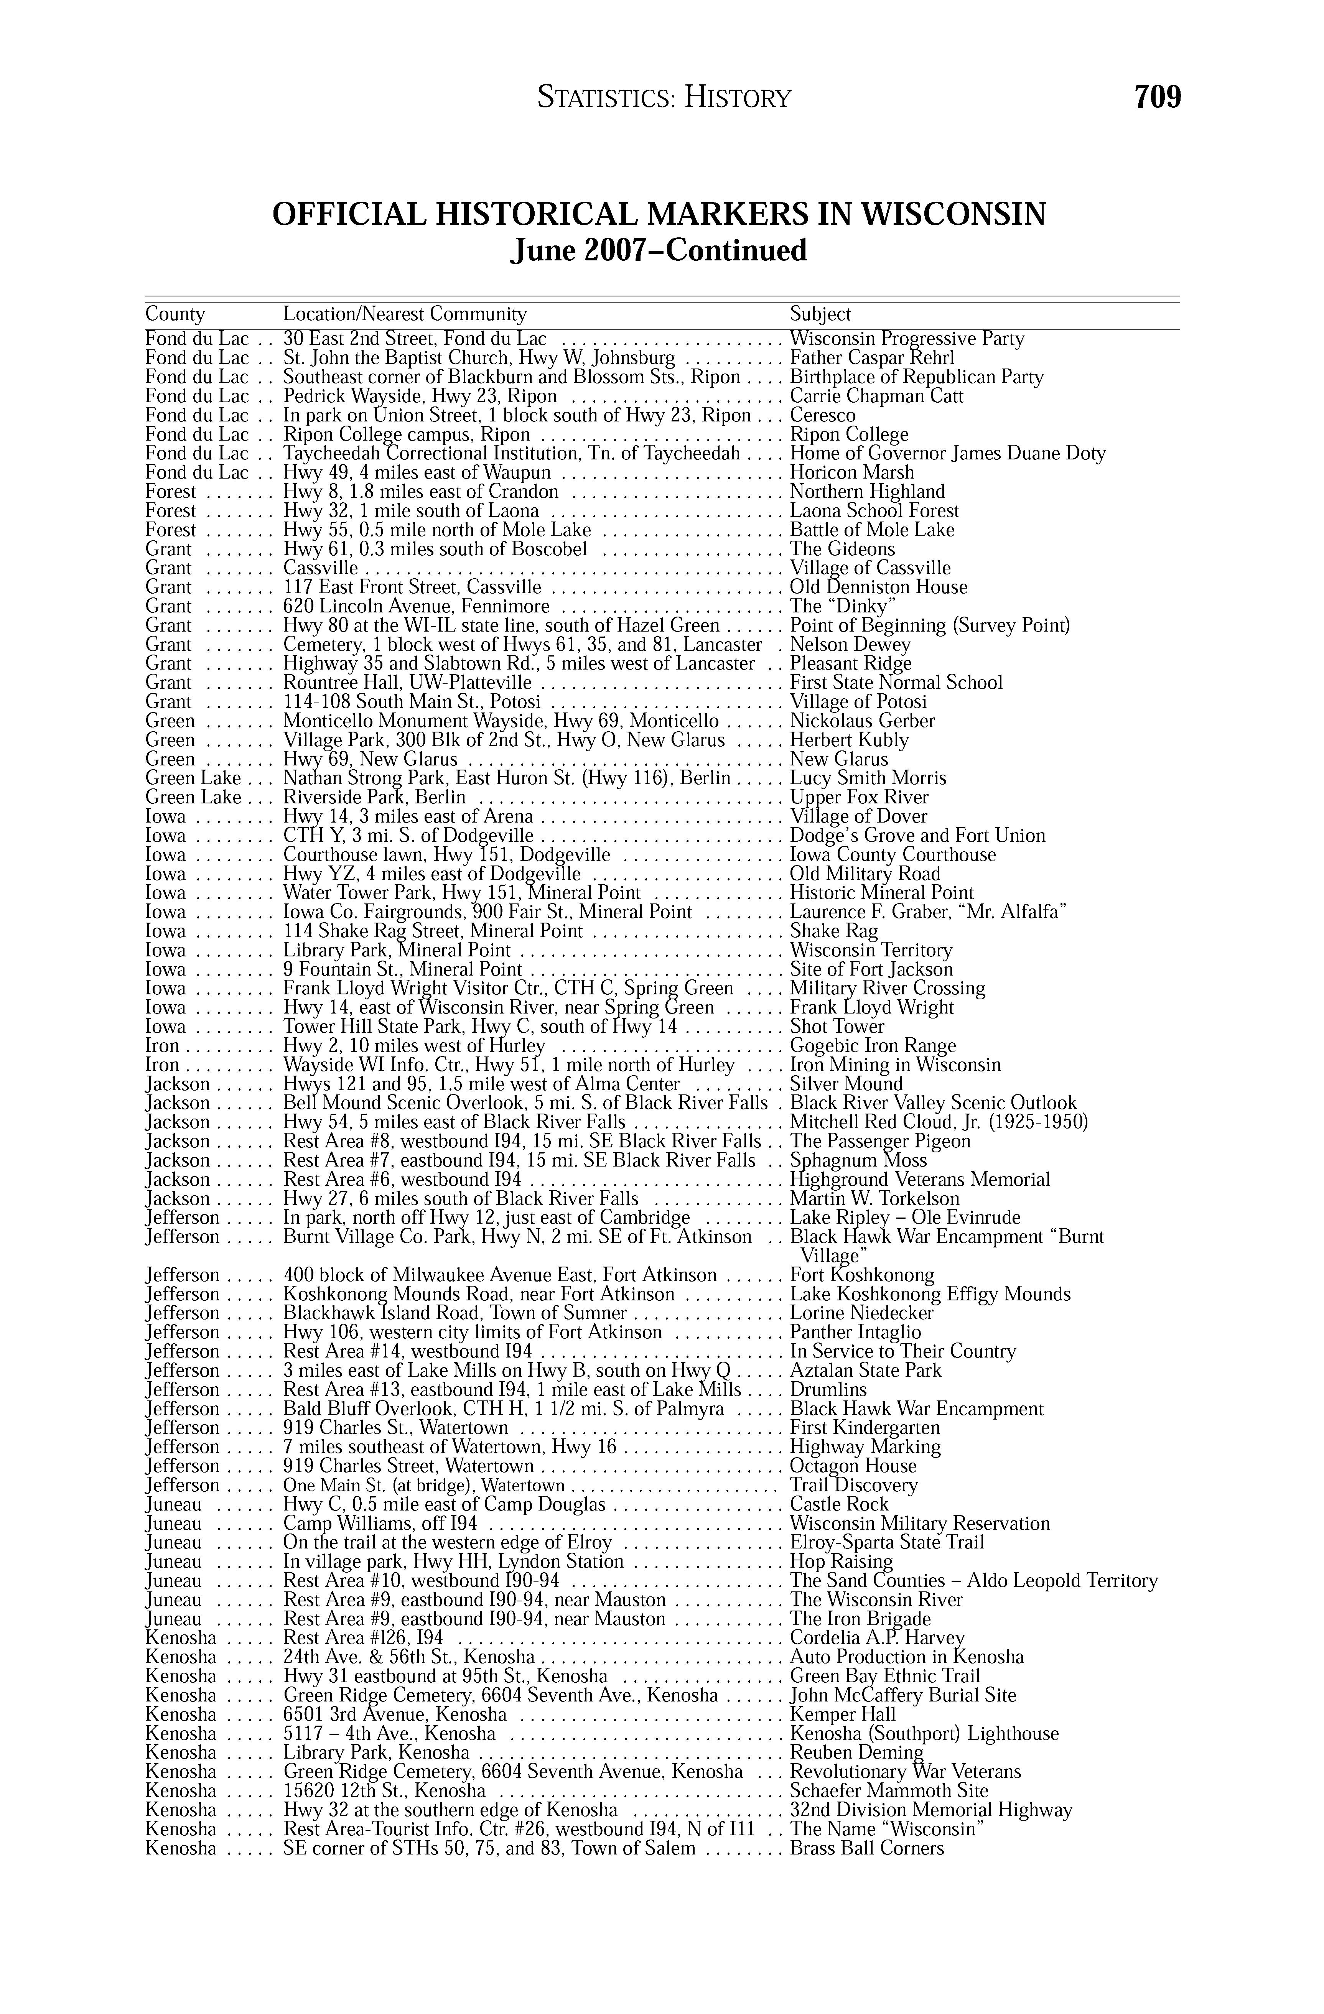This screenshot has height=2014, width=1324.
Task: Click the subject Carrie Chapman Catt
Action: [876, 396]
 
